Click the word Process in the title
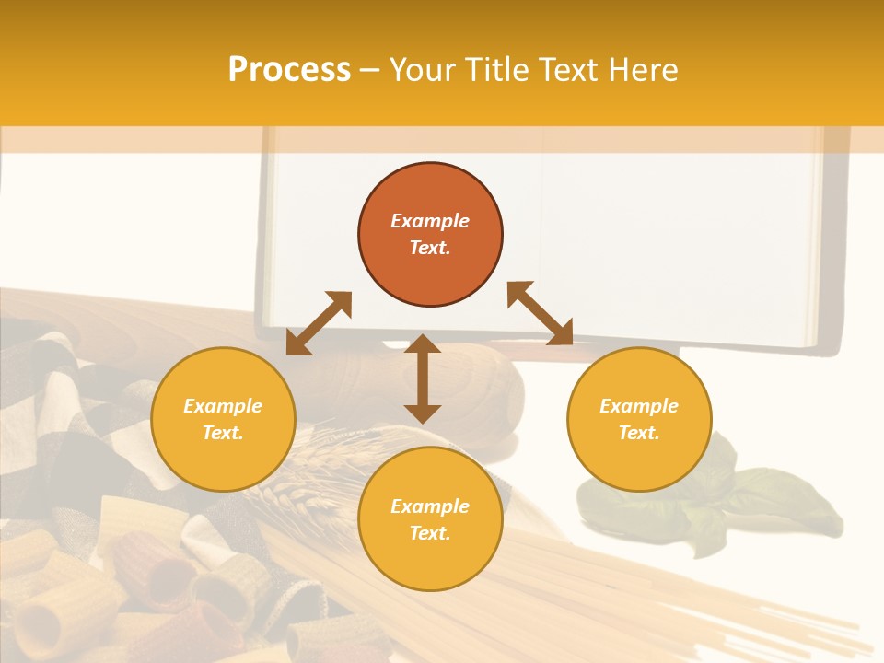coord(289,70)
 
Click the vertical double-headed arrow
coord(423,378)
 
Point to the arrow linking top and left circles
coord(319,323)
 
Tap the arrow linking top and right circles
coord(540,313)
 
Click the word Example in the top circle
coord(430,221)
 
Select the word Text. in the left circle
coord(223,433)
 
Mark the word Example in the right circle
coord(639,406)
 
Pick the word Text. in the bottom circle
coord(430,533)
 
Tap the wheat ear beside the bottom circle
coord(295,479)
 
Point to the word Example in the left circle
coord(223,406)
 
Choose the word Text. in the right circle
coord(639,433)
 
